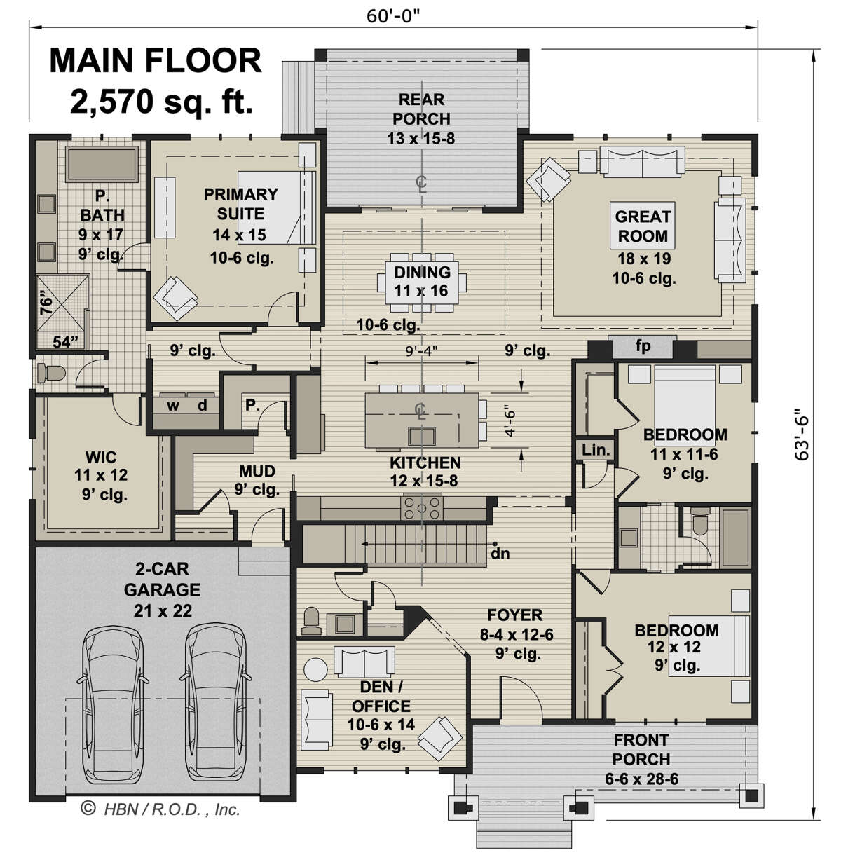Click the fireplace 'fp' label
643,346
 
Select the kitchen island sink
422,436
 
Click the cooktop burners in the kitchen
422,507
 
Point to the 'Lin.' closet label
596,450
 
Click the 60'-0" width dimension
393,16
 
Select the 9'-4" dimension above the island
422,350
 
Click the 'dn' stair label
500,553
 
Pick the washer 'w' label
173,405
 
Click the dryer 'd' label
202,404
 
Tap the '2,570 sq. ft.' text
162,101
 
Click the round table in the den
316,669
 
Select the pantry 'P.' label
252,404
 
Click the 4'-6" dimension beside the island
510,421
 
